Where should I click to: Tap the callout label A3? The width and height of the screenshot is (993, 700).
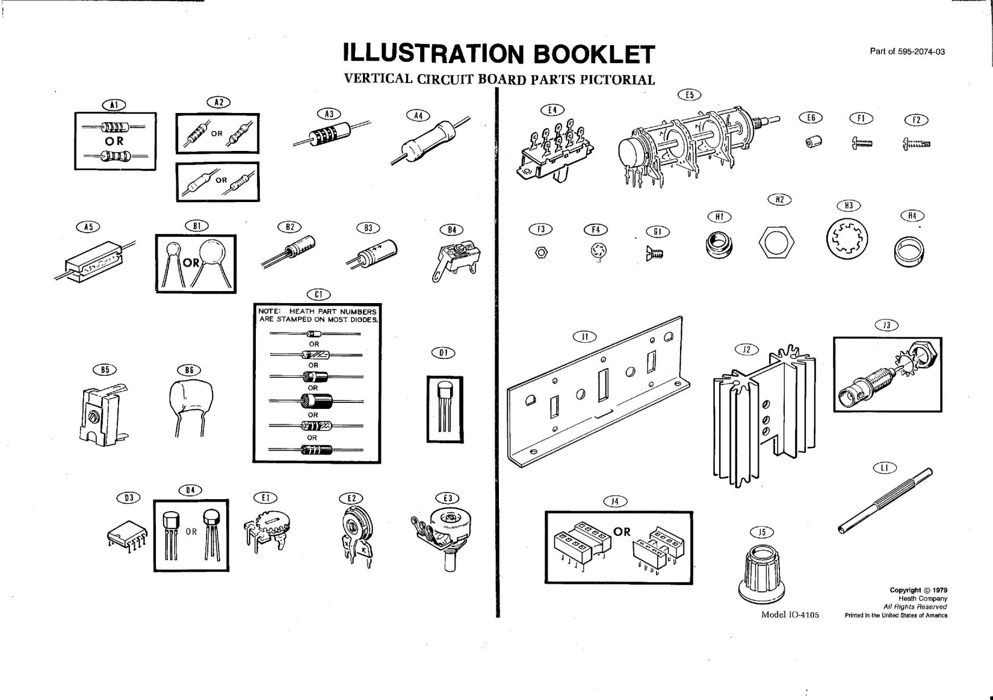(x=329, y=114)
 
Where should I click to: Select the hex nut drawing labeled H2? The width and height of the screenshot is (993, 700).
(x=776, y=243)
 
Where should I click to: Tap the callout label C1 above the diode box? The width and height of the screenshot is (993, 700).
(x=318, y=295)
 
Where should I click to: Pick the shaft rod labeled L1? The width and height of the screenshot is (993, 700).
(x=885, y=502)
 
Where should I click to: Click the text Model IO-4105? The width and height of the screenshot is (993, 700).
(x=790, y=615)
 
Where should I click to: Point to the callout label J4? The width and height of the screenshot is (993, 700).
(x=614, y=501)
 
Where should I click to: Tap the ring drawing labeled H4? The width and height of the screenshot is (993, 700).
(x=909, y=251)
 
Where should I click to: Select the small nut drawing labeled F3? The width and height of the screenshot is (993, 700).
(x=541, y=253)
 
